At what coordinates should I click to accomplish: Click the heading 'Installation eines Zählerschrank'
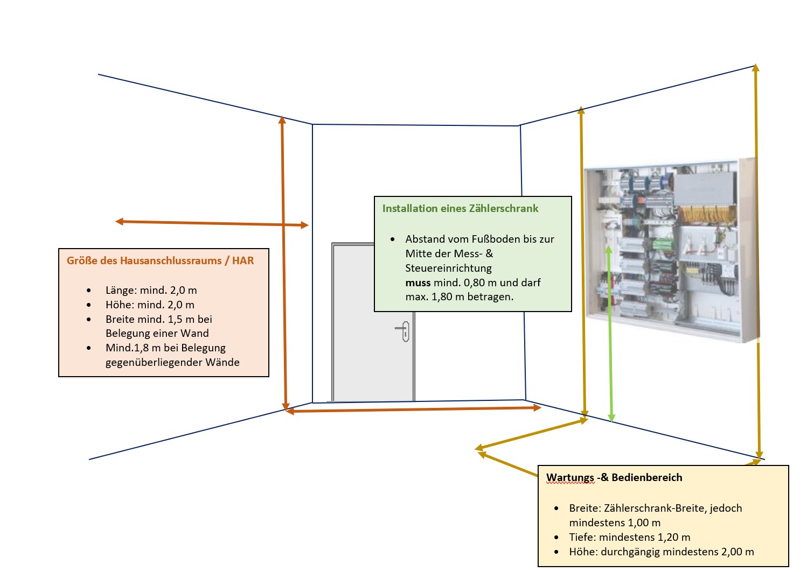pyautogui.click(x=460, y=208)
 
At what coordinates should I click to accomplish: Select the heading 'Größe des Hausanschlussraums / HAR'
pyautogui.click(x=160, y=260)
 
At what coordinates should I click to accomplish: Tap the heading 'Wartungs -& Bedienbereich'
pyautogui.click(x=614, y=477)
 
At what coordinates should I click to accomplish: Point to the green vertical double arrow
pyautogui.click(x=610, y=334)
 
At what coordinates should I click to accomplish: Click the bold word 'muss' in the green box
pyautogui.click(x=418, y=283)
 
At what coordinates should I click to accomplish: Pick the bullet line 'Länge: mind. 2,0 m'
pyautogui.click(x=151, y=290)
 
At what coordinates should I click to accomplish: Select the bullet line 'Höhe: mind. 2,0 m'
pyautogui.click(x=150, y=305)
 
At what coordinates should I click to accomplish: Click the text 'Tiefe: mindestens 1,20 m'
pyautogui.click(x=629, y=537)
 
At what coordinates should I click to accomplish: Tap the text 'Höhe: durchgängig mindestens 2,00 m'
pyautogui.click(x=661, y=552)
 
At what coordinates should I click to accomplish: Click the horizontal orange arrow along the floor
pyautogui.click(x=413, y=409)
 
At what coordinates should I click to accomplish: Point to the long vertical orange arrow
pyautogui.click(x=284, y=264)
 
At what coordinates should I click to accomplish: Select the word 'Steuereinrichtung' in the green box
pyautogui.click(x=448, y=268)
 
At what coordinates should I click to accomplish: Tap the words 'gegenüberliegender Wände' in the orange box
pyautogui.click(x=172, y=362)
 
